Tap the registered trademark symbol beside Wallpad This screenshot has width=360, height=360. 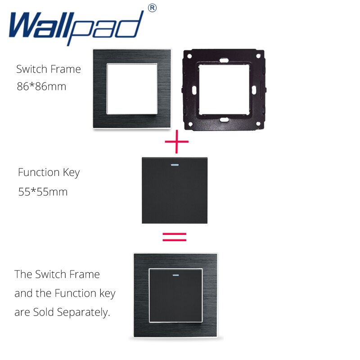coord(153,8)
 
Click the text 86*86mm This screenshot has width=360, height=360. coord(41,86)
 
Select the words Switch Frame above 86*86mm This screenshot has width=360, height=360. coord(49,69)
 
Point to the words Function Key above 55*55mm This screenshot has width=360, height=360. coord(49,172)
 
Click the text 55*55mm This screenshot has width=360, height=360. coord(43,192)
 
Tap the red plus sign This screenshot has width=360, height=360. coord(176,144)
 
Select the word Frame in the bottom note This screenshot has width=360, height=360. coord(85,274)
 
